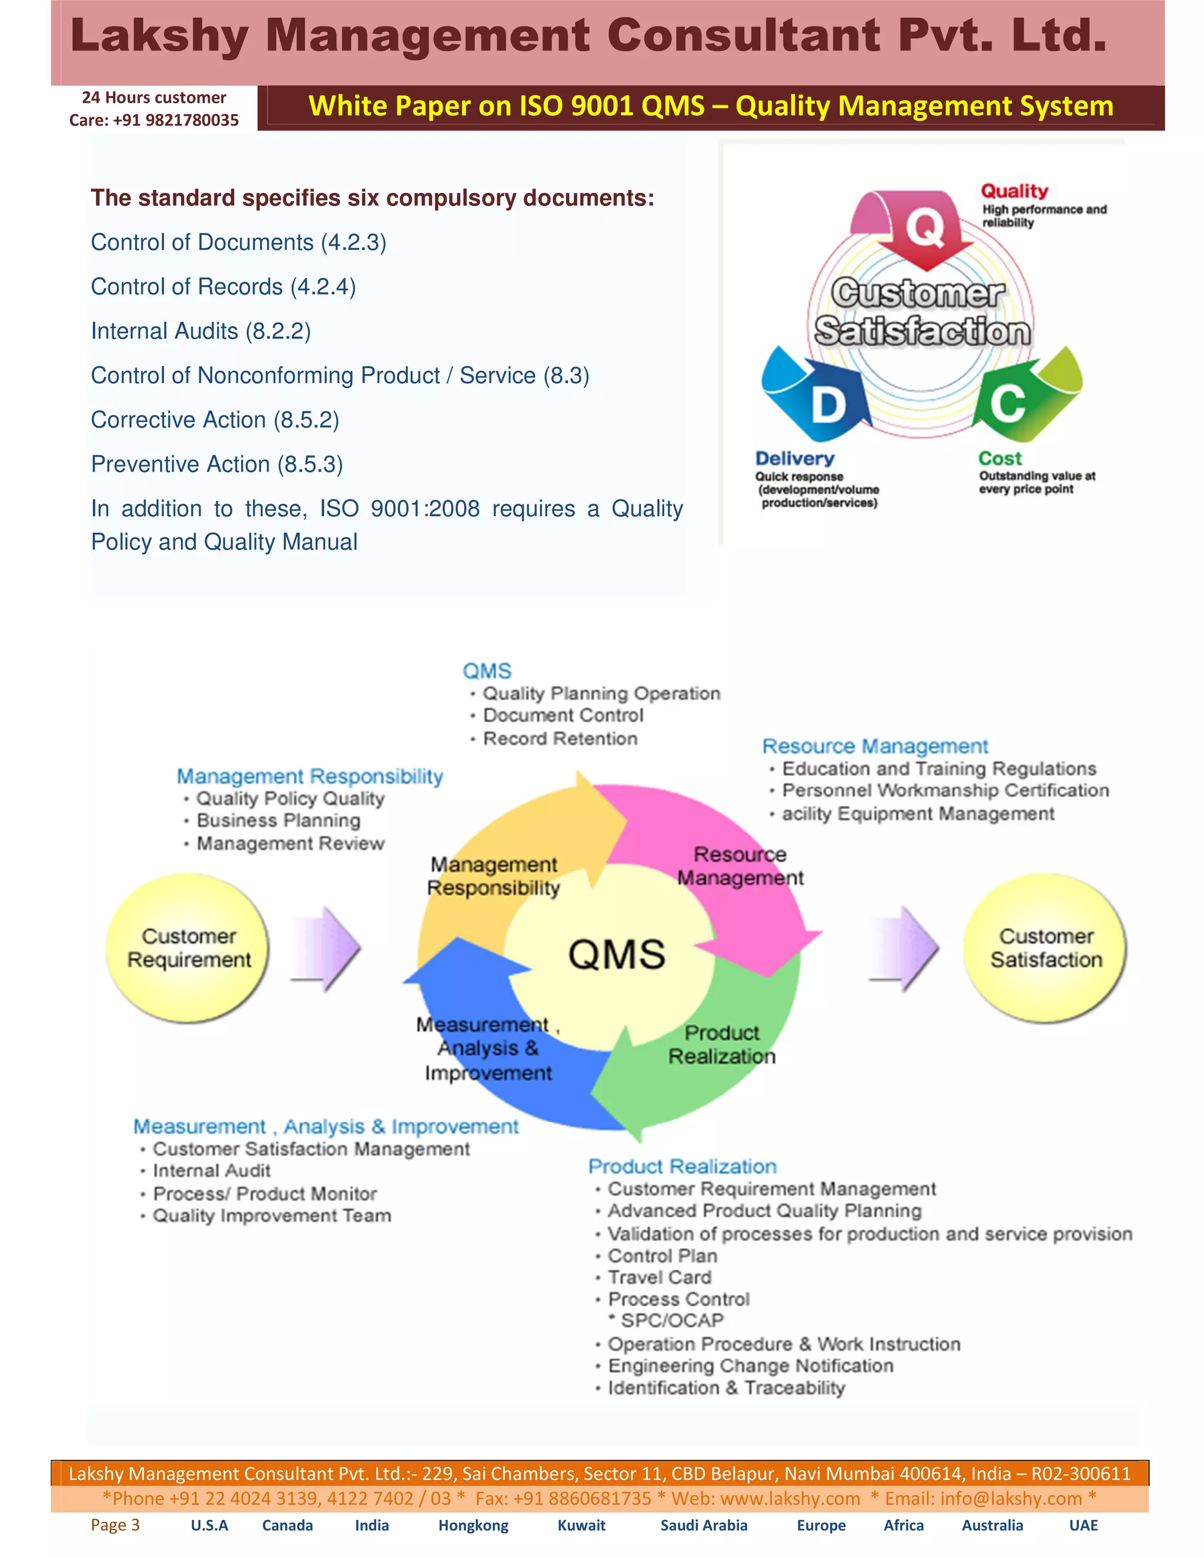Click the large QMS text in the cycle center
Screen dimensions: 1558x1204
[x=616, y=954]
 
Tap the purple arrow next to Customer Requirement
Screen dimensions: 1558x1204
[x=329, y=948]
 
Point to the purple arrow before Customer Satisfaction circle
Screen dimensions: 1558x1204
[x=906, y=948]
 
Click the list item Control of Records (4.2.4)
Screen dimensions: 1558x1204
[x=223, y=287]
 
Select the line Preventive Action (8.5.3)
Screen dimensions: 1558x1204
[x=217, y=464]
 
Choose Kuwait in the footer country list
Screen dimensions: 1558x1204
[x=581, y=1525]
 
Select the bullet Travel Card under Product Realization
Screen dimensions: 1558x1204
[x=659, y=1277]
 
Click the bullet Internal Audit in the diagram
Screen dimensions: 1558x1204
[x=211, y=1171]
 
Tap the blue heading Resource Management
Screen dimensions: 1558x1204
[x=875, y=746]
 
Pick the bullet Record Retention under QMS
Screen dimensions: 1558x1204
[x=560, y=738]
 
